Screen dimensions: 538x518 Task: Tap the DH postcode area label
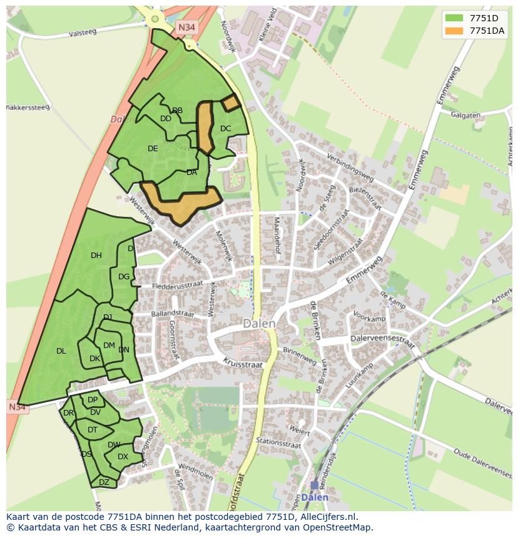(96, 255)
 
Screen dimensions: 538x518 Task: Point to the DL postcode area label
(61, 351)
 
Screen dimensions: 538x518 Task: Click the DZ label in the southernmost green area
(104, 482)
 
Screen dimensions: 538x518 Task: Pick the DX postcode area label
(123, 457)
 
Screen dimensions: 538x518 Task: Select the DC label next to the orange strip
(226, 129)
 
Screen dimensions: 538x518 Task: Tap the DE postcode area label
(153, 149)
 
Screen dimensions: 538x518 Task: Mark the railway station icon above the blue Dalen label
(314, 485)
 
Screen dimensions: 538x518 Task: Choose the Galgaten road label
(465, 115)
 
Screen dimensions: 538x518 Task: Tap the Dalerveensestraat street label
(383, 342)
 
